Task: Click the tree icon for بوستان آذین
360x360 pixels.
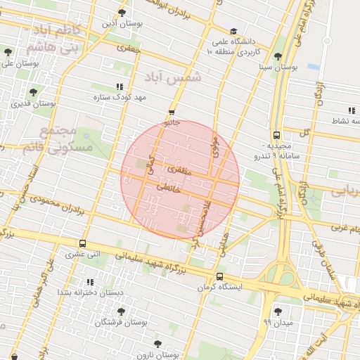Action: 122,13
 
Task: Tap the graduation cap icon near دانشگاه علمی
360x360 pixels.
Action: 233,31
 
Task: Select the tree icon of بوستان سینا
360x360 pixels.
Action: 278,56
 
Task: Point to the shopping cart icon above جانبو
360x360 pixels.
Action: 172,112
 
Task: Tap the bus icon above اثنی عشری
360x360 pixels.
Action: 83,243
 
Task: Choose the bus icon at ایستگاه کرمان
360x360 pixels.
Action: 220,276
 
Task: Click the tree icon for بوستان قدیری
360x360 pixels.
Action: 33,92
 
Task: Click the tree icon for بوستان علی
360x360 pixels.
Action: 8,53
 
